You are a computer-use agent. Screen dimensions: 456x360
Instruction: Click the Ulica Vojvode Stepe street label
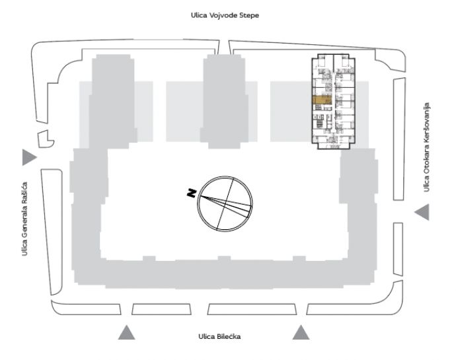[x=225, y=15]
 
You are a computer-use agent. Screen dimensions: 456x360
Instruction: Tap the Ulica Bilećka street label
[x=219, y=336]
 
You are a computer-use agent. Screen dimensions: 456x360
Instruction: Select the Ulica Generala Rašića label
[x=24, y=219]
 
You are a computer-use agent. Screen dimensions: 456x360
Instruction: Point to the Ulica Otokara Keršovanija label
[x=426, y=147]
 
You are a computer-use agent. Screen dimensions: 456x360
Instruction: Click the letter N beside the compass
[x=192, y=193]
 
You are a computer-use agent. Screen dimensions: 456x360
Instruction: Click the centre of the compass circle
[x=225, y=203]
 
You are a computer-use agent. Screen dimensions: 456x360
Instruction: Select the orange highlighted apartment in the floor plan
[x=322, y=100]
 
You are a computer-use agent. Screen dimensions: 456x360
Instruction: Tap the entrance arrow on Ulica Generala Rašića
[x=29, y=157]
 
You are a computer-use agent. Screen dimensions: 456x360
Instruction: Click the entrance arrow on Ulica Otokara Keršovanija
[x=422, y=212]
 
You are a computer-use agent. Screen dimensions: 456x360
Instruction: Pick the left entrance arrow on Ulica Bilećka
[x=126, y=332]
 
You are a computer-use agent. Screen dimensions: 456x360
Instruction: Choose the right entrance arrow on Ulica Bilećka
[x=301, y=332]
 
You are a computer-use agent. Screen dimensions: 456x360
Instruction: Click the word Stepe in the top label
[x=249, y=16]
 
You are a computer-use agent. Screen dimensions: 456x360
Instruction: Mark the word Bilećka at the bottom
[x=229, y=336]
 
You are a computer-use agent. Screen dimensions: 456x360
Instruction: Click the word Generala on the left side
[x=24, y=227]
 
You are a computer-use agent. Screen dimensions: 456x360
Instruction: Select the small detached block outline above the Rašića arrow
[x=46, y=139]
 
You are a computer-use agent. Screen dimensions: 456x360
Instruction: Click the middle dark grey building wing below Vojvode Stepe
[x=225, y=101]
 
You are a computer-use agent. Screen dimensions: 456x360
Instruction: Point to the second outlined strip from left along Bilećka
[x=161, y=309]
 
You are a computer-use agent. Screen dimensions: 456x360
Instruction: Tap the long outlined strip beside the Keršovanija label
[x=399, y=139]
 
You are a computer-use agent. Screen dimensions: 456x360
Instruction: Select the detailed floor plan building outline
[x=333, y=102]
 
